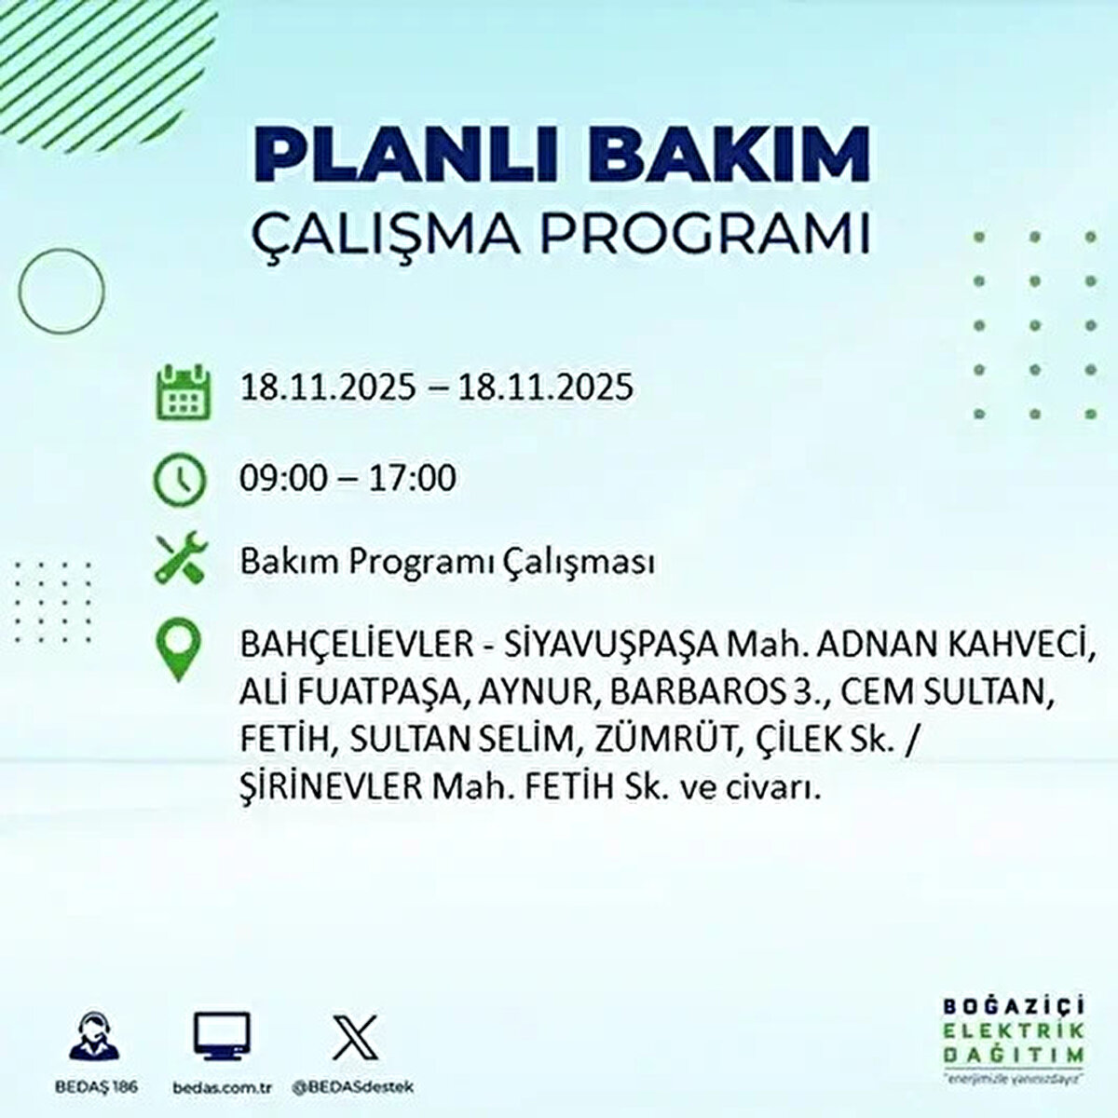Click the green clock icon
click(178, 479)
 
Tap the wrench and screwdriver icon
click(178, 558)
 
